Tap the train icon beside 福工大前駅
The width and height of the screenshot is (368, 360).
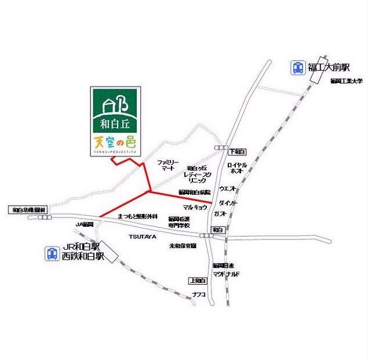[297, 68]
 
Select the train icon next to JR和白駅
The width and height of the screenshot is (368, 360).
[52, 253]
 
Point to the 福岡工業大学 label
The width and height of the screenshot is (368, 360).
[346, 81]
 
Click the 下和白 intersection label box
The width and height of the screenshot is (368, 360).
[237, 151]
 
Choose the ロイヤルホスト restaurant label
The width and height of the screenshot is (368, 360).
[238, 168]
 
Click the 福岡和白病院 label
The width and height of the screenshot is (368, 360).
[195, 192]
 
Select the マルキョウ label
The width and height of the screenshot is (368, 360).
[195, 206]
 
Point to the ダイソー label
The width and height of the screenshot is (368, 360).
[228, 203]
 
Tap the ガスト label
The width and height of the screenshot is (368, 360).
[220, 214]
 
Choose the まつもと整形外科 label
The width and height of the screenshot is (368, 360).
[137, 216]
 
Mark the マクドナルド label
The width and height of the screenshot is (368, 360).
[226, 273]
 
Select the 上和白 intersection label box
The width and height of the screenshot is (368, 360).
[198, 281]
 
